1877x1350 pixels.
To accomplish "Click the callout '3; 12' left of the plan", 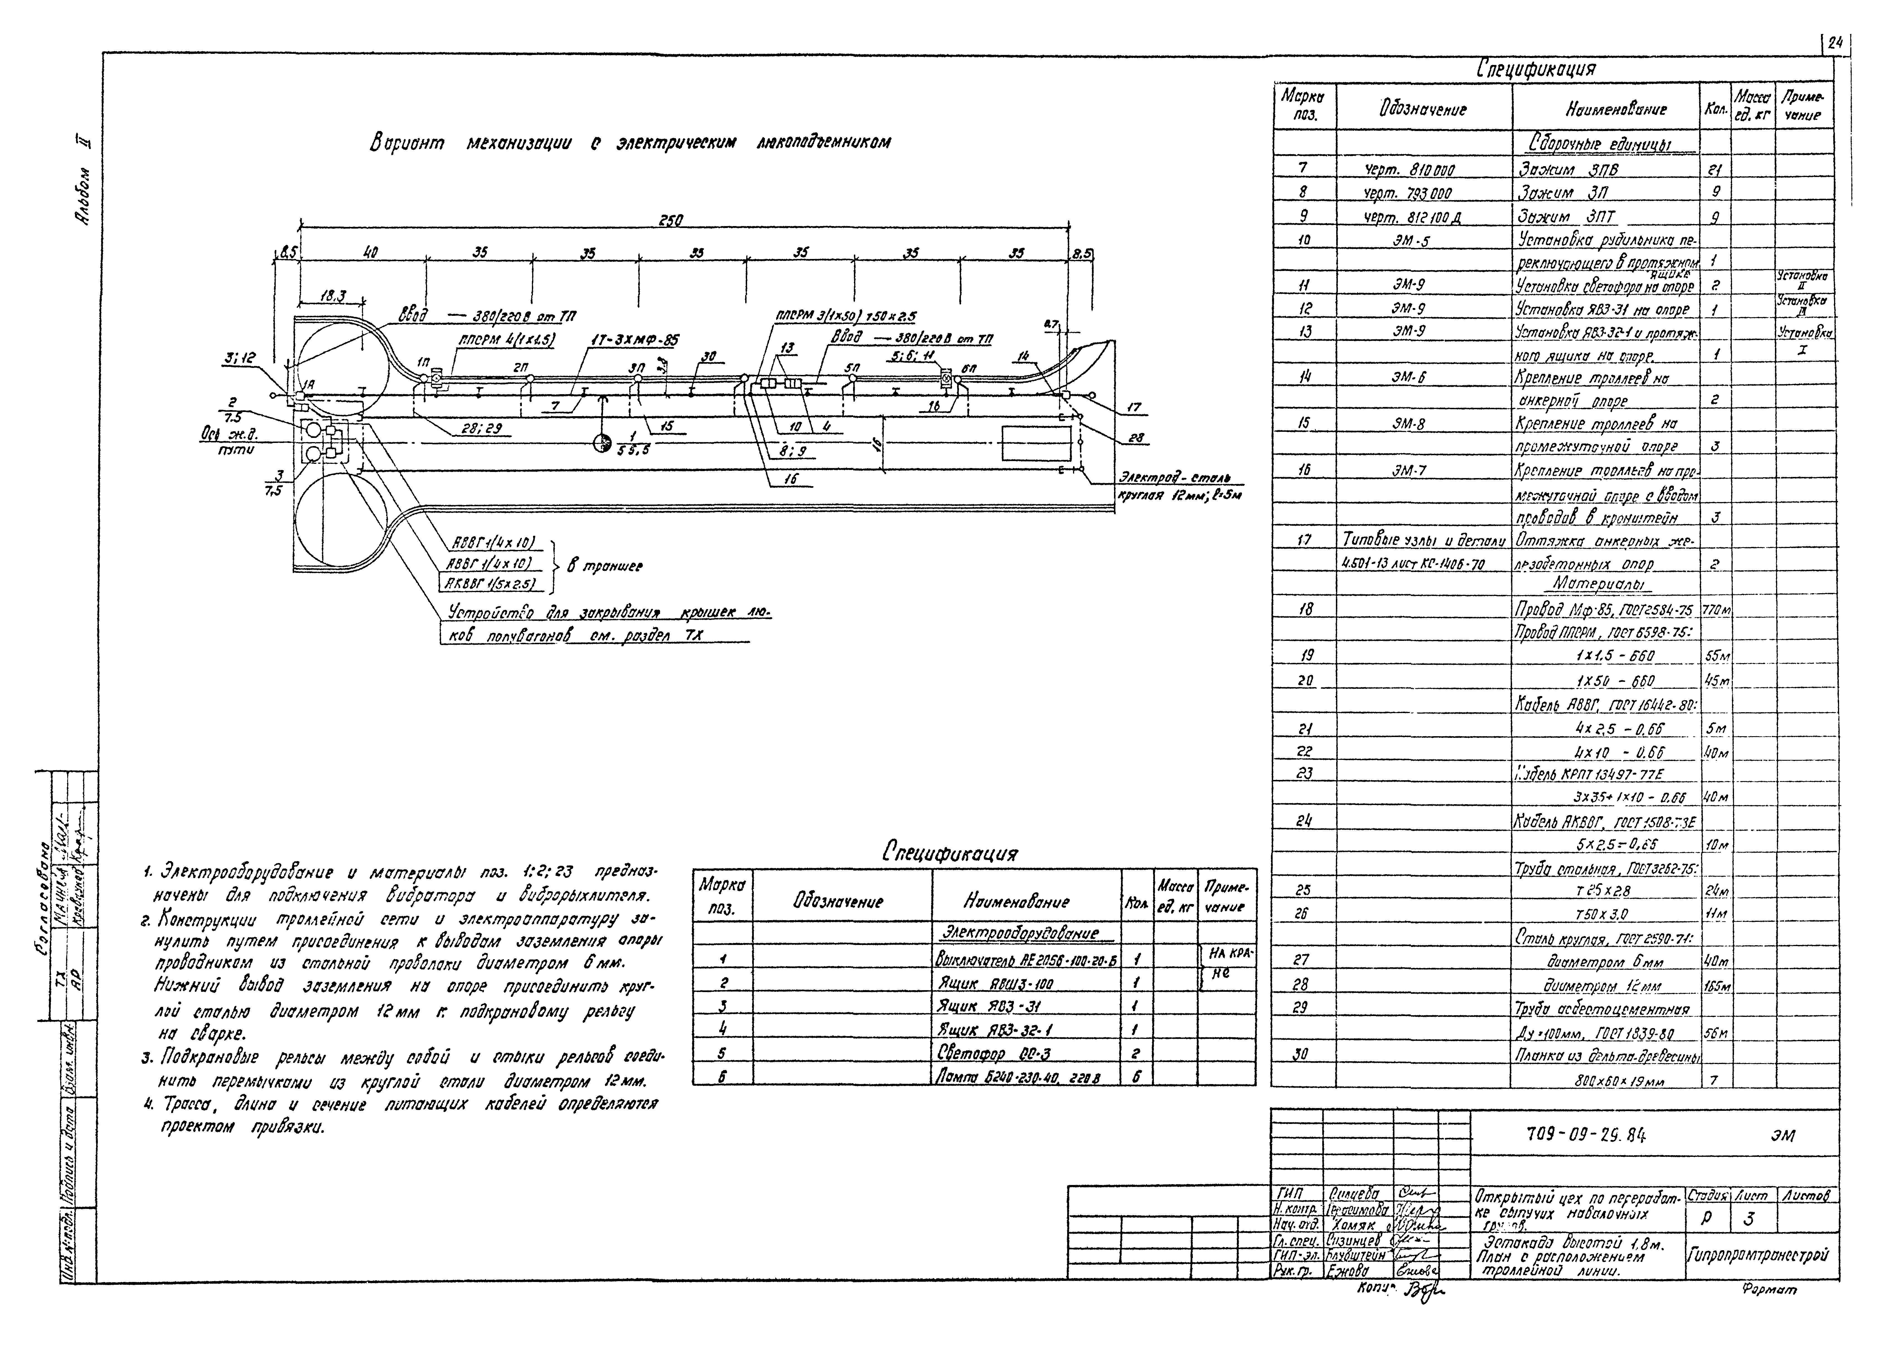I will tap(240, 358).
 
